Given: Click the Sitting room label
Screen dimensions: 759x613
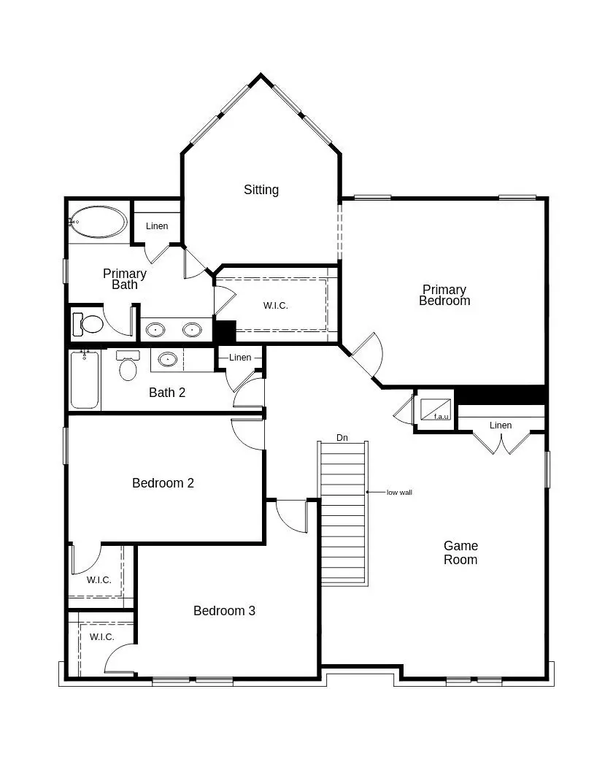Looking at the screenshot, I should (x=261, y=190).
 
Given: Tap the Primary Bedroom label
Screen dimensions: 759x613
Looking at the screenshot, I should (x=444, y=295).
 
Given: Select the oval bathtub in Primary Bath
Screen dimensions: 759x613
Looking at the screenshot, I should (x=98, y=222).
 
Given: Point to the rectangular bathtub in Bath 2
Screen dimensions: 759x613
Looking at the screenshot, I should (x=85, y=380).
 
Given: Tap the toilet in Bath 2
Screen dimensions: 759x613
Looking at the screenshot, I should (x=128, y=364).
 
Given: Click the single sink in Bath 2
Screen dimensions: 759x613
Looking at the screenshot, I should (x=168, y=359).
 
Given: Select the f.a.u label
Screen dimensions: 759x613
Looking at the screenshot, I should (x=442, y=416).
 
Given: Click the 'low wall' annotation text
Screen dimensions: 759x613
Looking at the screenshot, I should (x=399, y=493).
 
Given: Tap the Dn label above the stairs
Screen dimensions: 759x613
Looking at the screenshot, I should (x=342, y=437).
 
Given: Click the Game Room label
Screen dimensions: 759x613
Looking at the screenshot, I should (x=461, y=552).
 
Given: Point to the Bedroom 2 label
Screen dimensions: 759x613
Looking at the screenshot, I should (x=163, y=483).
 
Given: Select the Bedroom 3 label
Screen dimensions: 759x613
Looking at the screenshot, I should (x=224, y=611).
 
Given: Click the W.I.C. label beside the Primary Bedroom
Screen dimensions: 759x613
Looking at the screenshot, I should (x=276, y=306).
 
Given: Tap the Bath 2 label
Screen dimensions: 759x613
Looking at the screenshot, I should (x=167, y=393).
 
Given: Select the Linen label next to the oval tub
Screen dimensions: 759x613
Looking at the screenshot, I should (x=157, y=226).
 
